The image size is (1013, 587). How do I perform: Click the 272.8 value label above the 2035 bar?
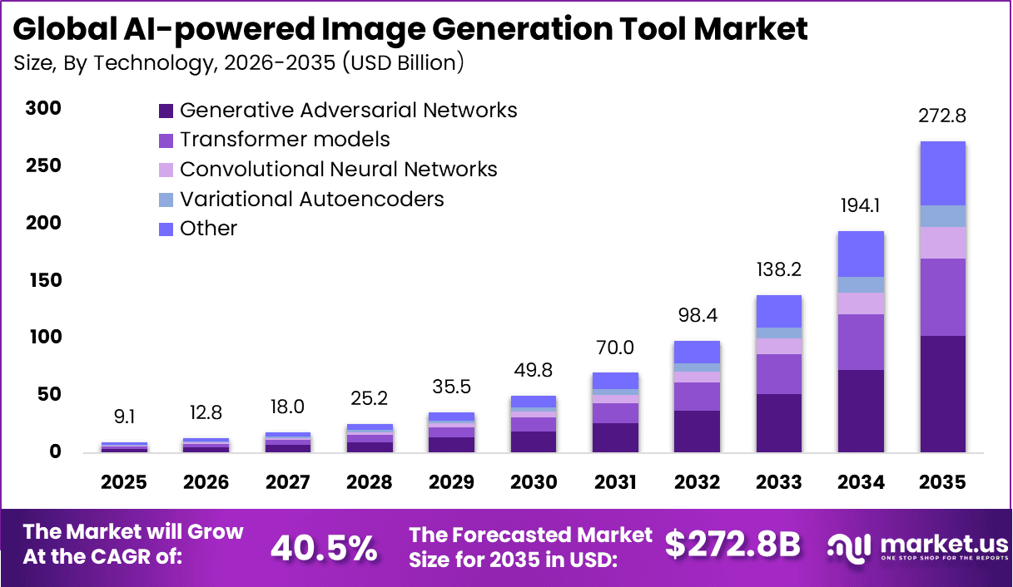click(x=942, y=116)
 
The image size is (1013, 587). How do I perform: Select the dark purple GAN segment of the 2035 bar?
click(x=942, y=393)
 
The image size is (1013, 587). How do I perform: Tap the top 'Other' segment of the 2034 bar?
click(x=861, y=254)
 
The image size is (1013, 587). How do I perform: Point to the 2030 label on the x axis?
click(x=534, y=483)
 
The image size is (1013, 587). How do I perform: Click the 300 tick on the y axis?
click(x=42, y=109)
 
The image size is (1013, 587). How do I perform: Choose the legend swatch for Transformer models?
click(x=166, y=140)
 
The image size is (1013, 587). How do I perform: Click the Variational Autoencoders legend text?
click(x=311, y=199)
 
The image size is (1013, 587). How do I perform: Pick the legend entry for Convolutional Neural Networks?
click(x=338, y=170)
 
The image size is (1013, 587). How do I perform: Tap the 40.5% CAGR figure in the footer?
click(x=324, y=547)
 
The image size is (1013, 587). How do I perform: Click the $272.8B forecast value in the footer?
click(x=732, y=545)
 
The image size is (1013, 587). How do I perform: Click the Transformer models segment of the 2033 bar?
click(x=778, y=374)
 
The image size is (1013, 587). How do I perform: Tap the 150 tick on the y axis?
click(x=42, y=280)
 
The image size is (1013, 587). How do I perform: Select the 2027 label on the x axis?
click(x=288, y=483)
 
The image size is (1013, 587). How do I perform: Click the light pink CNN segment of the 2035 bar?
click(x=942, y=243)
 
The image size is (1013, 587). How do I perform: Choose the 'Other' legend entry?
click(x=208, y=229)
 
